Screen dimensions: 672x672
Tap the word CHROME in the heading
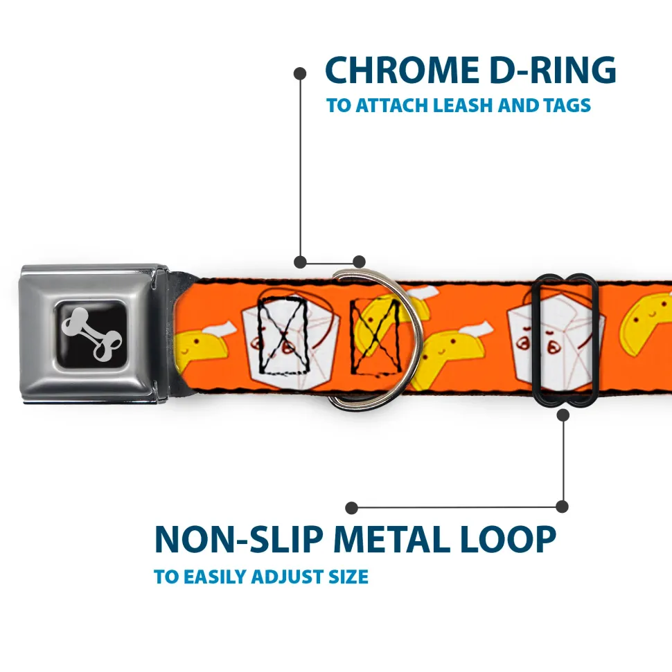tap(398, 71)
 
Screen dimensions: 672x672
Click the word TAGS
tap(566, 106)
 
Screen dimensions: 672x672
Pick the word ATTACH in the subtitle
tap(389, 106)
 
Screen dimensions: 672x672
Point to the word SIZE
tap(348, 576)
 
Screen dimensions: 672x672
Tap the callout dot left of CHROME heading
tap(300, 73)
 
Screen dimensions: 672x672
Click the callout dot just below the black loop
tap(563, 415)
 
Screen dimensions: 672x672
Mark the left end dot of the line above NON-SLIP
tap(352, 508)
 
